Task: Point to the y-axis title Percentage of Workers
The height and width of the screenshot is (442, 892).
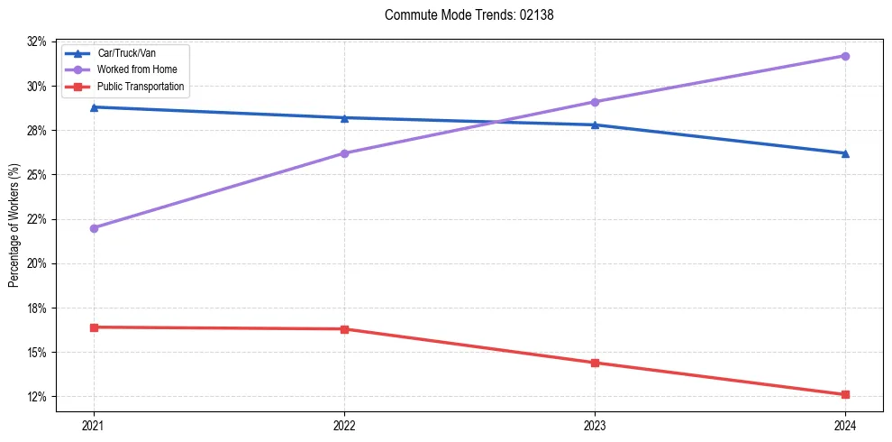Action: pos(14,226)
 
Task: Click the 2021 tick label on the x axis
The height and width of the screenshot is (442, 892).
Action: pos(94,425)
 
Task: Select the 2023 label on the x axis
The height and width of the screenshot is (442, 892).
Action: pos(595,425)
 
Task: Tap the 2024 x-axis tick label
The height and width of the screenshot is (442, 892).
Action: pos(845,425)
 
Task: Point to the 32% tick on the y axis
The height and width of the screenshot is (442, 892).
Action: pos(37,41)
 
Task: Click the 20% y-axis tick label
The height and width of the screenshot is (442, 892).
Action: pos(37,263)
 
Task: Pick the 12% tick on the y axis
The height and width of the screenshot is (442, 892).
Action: pos(37,397)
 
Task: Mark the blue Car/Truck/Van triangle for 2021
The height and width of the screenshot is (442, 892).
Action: pos(94,107)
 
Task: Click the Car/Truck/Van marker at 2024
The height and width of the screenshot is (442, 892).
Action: pos(845,153)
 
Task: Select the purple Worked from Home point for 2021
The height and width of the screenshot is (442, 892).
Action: pos(94,228)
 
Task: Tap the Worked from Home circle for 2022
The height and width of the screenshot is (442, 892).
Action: pos(344,153)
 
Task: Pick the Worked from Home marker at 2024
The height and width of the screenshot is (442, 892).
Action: pos(845,56)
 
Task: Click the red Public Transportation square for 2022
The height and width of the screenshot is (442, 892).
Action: pos(344,329)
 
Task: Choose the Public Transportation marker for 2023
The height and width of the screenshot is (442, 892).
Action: pos(595,363)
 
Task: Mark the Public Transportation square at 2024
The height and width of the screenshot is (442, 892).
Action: pos(845,394)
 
